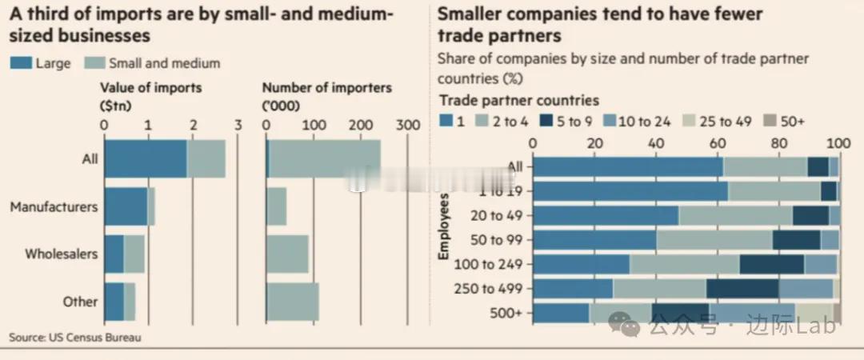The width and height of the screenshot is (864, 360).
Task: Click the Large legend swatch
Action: pyautogui.click(x=20, y=63)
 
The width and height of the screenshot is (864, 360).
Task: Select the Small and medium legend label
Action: pyautogui.click(x=163, y=63)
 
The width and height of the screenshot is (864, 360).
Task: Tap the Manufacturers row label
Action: pyautogui.click(x=54, y=207)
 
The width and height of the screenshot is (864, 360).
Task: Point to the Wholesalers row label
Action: pyautogui.click(x=62, y=254)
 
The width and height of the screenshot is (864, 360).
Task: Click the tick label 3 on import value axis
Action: pyautogui.click(x=238, y=125)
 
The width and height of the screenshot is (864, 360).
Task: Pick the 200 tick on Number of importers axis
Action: pyautogui.click(x=361, y=125)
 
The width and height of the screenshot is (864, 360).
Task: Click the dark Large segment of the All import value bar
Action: pyautogui.click(x=145, y=159)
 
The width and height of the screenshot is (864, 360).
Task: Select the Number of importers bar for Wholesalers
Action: pyautogui.click(x=287, y=254)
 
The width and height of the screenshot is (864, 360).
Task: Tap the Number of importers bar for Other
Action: pyautogui.click(x=292, y=302)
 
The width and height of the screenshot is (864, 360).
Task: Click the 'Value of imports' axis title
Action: pyautogui.click(x=151, y=87)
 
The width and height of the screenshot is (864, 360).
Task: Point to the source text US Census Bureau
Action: pyautogui.click(x=75, y=338)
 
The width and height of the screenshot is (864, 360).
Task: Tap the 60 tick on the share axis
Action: pyautogui.click(x=717, y=142)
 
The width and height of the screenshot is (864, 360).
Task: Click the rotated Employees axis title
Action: pyautogui.click(x=445, y=225)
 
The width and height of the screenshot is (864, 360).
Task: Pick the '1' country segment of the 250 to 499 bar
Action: pyautogui.click(x=573, y=289)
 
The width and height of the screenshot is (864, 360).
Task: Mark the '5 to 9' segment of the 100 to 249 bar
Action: pyautogui.click(x=772, y=265)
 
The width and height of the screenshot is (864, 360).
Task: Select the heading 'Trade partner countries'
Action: pyautogui.click(x=518, y=101)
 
